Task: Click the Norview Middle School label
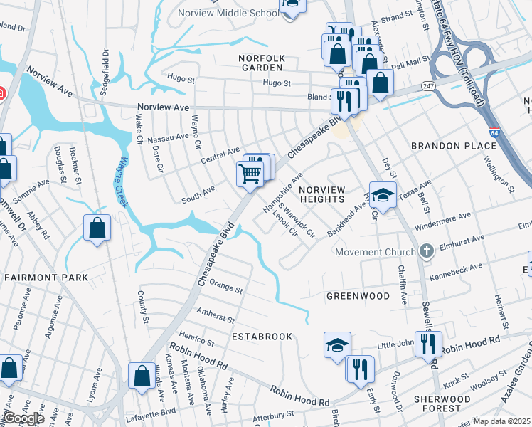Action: tap(229, 13)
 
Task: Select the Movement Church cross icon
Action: tap(426, 251)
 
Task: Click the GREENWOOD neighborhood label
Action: tap(358, 295)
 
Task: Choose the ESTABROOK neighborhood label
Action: tap(261, 336)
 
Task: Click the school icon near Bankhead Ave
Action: tap(383, 195)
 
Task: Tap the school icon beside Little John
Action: tap(337, 346)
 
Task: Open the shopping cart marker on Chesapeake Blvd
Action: tap(250, 173)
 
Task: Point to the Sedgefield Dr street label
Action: tap(106, 68)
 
